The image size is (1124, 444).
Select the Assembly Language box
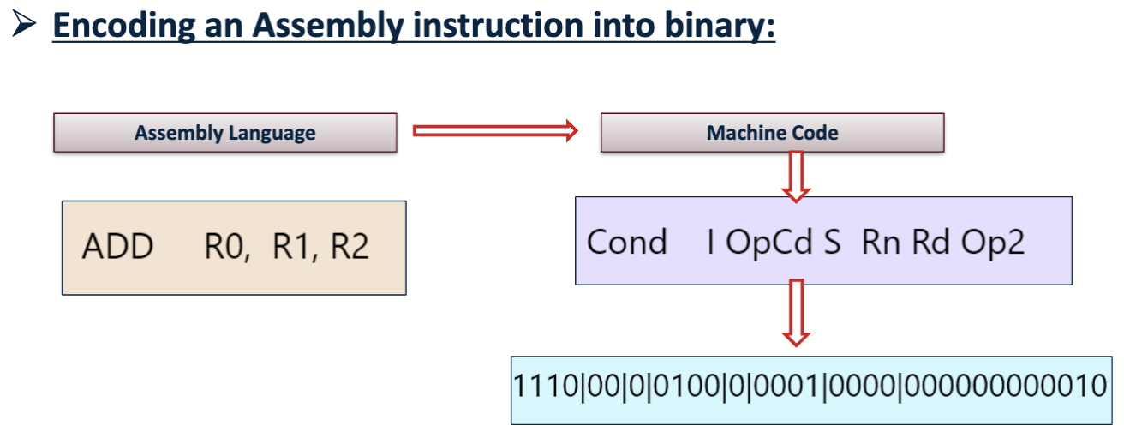pyautogui.click(x=225, y=133)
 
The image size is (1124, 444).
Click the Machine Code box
pyautogui.click(x=772, y=133)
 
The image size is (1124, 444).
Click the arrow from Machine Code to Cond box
pyautogui.click(x=797, y=176)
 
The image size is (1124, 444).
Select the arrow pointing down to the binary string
pyautogui.click(x=797, y=313)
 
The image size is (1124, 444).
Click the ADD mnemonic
pyautogui.click(x=117, y=247)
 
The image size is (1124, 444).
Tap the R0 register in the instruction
pyautogui.click(x=226, y=247)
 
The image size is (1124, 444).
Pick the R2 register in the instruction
pyautogui.click(x=350, y=247)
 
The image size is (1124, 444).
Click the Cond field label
pyautogui.click(x=626, y=243)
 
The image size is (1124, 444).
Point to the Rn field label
pyautogui.click(x=882, y=243)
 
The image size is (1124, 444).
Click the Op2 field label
pyautogui.click(x=993, y=243)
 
